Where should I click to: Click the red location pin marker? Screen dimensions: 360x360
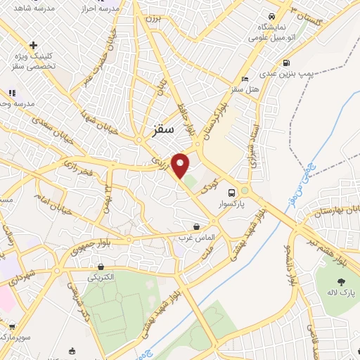[181, 165]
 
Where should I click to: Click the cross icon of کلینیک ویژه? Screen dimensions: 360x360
[33, 45]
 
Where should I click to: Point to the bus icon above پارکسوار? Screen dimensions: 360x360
[231, 191]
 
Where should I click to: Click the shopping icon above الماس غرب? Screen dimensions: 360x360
[195, 226]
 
